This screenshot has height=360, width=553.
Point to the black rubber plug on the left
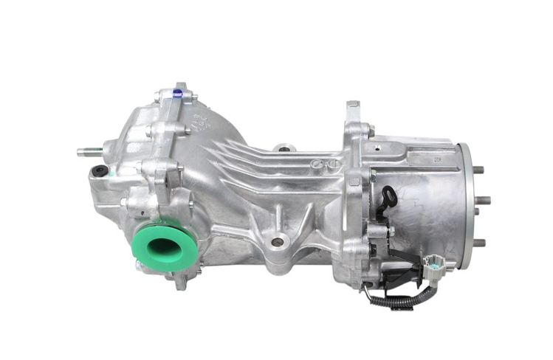[x=97, y=173]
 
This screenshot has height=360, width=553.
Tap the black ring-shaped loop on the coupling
[x=389, y=196]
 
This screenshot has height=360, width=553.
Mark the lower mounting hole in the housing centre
[x=277, y=240]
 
